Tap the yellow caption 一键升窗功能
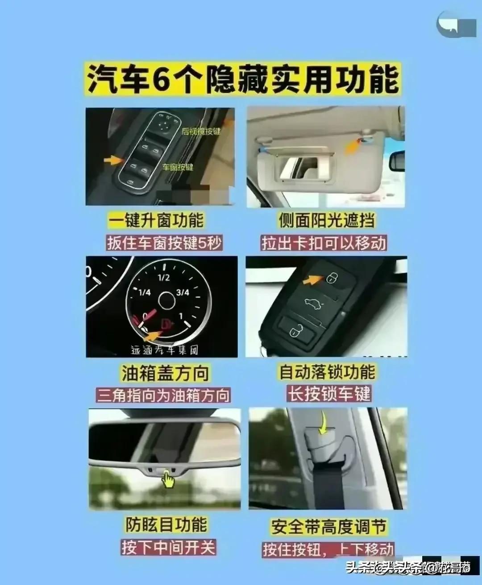(156, 220)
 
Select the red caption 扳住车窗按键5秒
(164, 243)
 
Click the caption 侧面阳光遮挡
(327, 220)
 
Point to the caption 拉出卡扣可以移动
(324, 243)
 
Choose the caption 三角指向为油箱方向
(164, 395)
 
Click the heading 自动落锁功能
(327, 372)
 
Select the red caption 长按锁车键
(329, 394)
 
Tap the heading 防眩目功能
(166, 524)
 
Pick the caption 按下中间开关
(168, 547)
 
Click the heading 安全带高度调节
(328, 527)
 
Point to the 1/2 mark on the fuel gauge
(163, 278)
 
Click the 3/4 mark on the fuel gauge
(183, 292)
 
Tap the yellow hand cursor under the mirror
(168, 480)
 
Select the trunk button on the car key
(311, 305)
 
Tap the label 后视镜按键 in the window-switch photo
(201, 132)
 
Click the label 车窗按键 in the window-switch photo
(178, 167)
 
